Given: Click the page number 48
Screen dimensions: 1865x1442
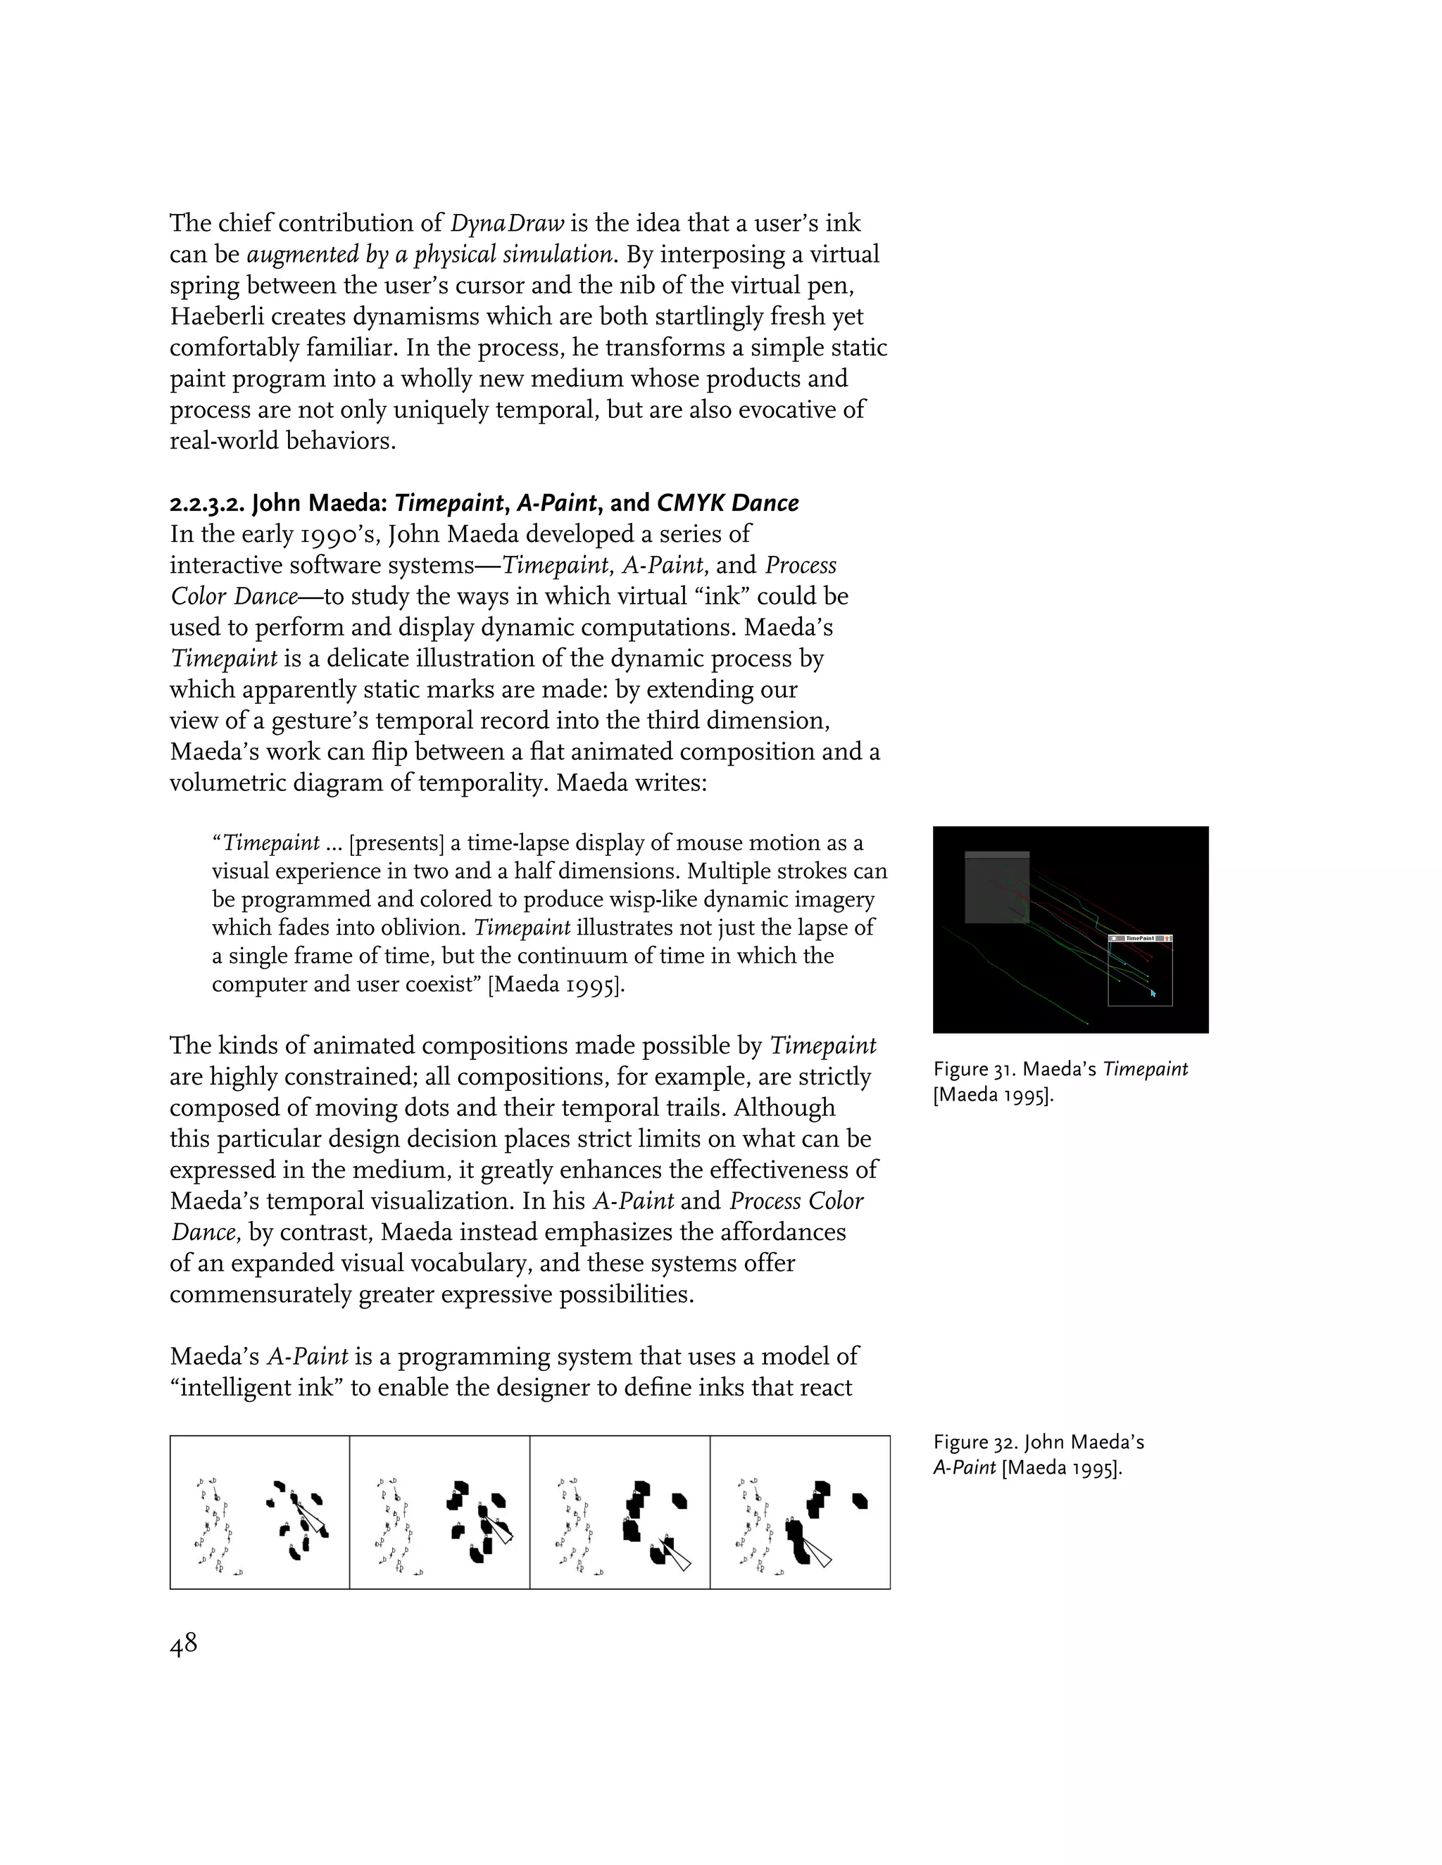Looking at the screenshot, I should (x=184, y=1644).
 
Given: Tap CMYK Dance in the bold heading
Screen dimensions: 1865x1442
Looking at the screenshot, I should (x=728, y=503).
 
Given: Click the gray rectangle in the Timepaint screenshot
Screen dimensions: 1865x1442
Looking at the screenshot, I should (x=996, y=888).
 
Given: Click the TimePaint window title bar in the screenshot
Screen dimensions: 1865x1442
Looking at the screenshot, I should (x=1140, y=937).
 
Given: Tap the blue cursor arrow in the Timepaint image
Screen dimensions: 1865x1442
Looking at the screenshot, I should (x=1153, y=992).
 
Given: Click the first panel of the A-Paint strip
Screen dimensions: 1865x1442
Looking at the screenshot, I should (x=260, y=1512).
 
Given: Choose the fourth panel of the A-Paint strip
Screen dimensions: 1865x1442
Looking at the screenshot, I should (x=800, y=1512).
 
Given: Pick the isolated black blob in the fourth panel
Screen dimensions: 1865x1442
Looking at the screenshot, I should (x=860, y=1500).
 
